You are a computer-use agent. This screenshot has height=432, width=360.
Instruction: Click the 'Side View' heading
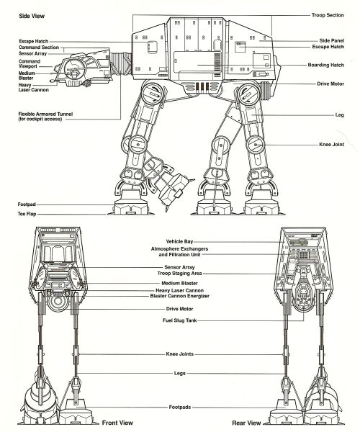tap(32, 16)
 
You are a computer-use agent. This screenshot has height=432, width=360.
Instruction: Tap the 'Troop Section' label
tap(328, 15)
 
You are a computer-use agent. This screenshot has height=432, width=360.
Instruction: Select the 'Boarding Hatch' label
tap(326, 65)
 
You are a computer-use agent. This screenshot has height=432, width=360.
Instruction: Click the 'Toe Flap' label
tap(27, 214)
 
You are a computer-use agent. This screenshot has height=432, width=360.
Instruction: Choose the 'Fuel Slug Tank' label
tap(179, 320)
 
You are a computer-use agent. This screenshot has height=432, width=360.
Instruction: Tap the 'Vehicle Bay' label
tap(179, 241)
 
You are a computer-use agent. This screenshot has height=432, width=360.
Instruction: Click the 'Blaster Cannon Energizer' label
tap(179, 296)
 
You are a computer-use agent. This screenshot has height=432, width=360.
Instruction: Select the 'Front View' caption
tap(117, 423)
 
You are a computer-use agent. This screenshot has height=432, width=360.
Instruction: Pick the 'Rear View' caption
tap(246, 423)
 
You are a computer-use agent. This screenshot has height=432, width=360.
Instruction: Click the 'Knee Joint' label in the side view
tap(332, 145)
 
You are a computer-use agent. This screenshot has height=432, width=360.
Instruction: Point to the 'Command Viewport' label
tap(30, 63)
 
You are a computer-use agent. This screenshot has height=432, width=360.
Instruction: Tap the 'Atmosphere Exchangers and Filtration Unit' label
tap(179, 251)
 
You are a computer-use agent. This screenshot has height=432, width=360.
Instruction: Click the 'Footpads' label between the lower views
tap(179, 407)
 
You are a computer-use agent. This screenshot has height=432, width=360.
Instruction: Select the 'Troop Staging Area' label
tap(179, 274)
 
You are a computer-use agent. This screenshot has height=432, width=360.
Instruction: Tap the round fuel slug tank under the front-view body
tap(58, 301)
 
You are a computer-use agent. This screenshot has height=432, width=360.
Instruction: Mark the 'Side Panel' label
tap(332, 40)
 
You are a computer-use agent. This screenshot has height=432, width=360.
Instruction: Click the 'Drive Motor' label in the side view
tap(330, 84)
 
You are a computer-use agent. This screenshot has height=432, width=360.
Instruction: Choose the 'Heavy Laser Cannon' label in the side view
tap(33, 87)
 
